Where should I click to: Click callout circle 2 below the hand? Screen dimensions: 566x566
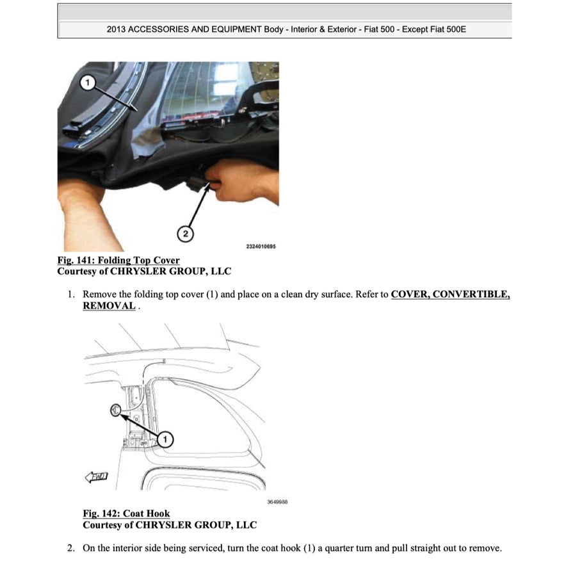(186, 234)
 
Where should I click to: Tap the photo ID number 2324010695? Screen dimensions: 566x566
(261, 246)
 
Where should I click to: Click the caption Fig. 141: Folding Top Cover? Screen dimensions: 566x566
(118, 261)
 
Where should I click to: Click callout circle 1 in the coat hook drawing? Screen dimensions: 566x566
(165, 439)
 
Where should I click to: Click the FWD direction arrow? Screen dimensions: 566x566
(97, 476)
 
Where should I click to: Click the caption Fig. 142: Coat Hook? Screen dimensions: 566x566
(126, 514)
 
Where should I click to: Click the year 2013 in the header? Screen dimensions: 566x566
(118, 30)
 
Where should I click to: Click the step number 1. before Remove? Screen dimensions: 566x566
(72, 295)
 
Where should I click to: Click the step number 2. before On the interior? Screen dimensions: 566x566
(72, 548)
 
